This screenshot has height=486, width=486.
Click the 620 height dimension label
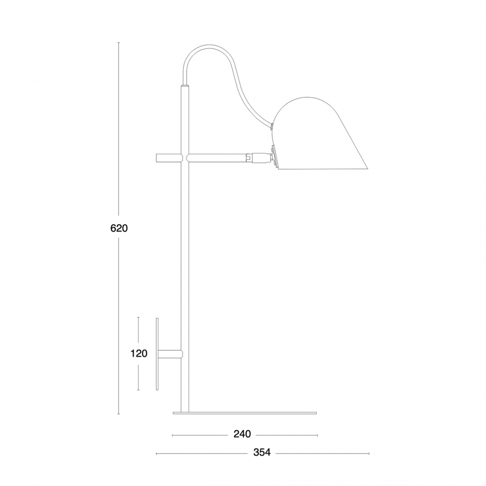119,228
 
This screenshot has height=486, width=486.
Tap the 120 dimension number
138,353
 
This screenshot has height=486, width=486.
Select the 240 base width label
242,434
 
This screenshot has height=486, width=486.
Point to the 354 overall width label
262,452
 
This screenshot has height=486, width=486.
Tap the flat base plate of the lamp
245,413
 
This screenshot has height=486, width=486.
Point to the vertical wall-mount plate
157,354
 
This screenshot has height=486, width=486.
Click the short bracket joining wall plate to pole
170,354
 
